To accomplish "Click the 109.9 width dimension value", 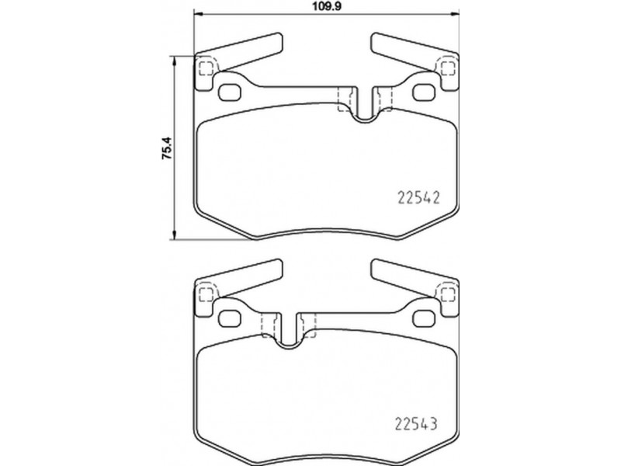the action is point(326,7).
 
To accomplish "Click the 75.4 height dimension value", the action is point(167,148).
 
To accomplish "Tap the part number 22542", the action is point(418,197).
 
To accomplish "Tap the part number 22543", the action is point(416,423).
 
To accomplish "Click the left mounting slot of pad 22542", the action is point(229,92).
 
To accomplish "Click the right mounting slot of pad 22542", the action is point(424,92).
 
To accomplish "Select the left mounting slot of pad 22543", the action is point(229,318).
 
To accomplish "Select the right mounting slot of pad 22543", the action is point(424,318).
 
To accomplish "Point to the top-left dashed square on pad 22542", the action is point(205,68).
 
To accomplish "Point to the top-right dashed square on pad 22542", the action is point(448,68).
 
